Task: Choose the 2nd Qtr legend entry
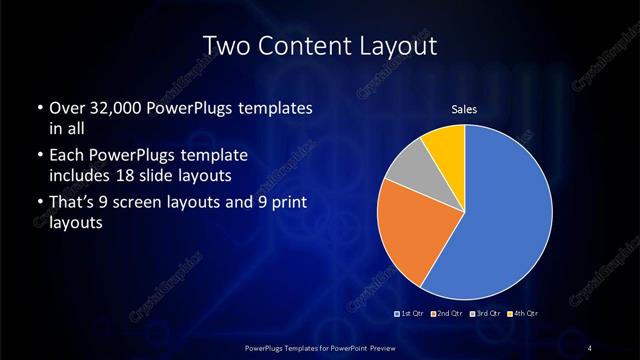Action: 447,314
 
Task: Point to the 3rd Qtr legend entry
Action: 484,314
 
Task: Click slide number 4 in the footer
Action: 590,346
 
